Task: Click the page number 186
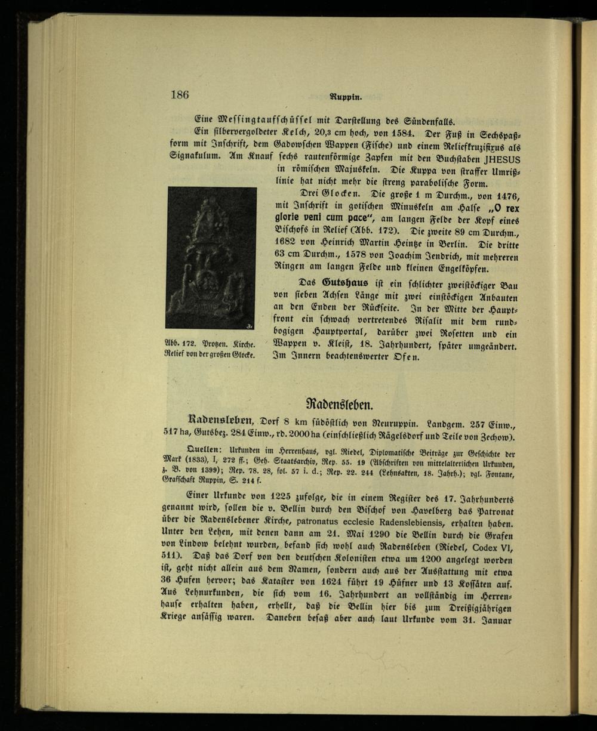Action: click(180, 94)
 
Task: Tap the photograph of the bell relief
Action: click(212, 258)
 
